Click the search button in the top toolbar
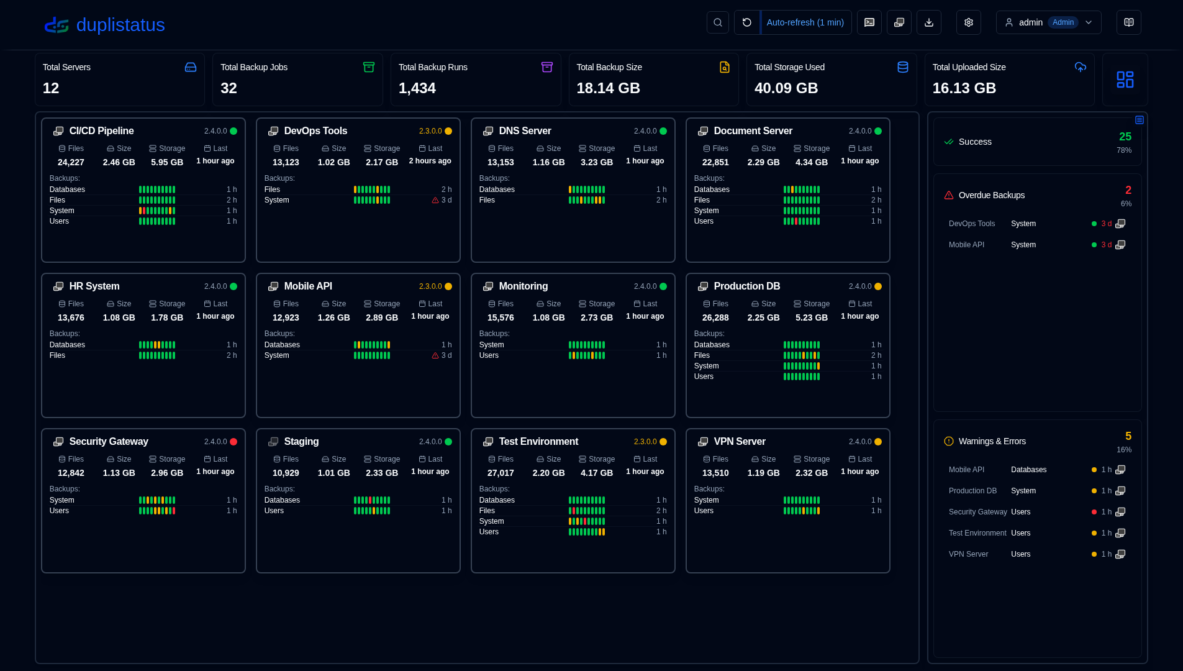(717, 22)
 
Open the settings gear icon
(968, 22)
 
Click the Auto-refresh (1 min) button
(805, 22)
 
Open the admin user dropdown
(1048, 22)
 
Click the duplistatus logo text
(120, 25)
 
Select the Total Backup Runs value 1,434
(417, 88)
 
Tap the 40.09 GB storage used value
(786, 88)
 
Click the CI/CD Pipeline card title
(102, 131)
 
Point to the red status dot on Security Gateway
(233, 442)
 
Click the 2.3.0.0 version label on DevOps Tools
(430, 131)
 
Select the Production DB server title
(747, 286)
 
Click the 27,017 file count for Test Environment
(501, 473)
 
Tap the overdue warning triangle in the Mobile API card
(435, 356)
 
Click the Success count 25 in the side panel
(1125, 137)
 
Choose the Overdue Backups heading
(992, 195)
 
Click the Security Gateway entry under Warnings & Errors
(978, 512)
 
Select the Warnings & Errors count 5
(1128, 436)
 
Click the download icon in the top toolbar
(929, 22)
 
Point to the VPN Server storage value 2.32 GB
(812, 473)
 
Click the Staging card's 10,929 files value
(286, 473)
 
